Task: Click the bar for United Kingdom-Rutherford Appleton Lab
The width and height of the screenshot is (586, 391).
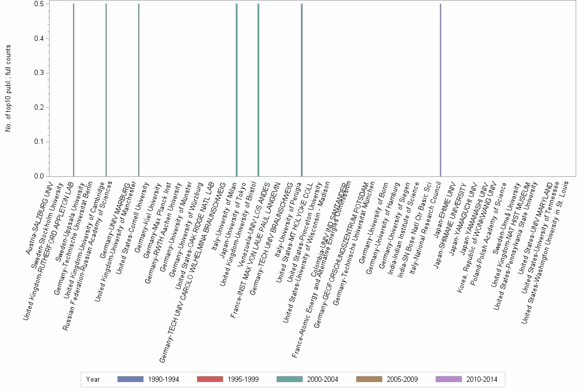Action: click(73, 90)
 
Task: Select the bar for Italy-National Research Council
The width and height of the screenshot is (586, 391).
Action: click(440, 90)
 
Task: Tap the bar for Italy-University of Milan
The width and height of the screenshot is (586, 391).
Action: click(237, 90)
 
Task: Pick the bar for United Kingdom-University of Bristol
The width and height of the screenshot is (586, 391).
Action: click(258, 90)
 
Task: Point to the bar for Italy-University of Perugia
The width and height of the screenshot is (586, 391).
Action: click(302, 90)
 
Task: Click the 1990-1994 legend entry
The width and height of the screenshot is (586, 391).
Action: click(148, 380)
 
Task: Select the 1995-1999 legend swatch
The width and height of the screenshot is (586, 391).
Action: click(209, 380)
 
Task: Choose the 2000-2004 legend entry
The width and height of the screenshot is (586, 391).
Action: click(307, 380)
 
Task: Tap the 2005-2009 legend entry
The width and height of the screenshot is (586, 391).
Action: click(387, 380)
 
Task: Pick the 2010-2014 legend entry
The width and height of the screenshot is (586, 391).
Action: click(466, 380)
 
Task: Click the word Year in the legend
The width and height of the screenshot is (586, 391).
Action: click(93, 380)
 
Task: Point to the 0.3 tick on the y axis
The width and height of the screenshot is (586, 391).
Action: click(39, 73)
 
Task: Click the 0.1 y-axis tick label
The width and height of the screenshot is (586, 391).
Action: click(39, 142)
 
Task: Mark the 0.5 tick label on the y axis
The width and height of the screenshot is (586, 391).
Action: click(39, 4)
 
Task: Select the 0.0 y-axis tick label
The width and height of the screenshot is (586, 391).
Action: click(39, 176)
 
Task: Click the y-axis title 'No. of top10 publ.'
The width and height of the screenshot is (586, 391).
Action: click(8, 88)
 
